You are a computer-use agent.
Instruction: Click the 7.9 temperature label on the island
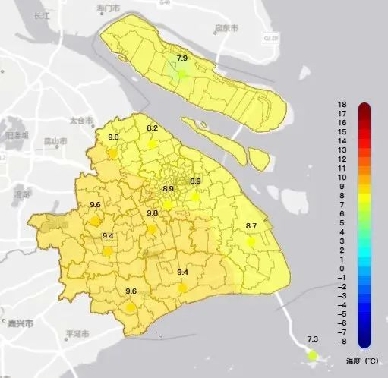tap(181, 58)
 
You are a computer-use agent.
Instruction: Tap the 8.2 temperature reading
tap(152, 128)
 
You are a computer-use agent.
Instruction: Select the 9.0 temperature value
tap(114, 137)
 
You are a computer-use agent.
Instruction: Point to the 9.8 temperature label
tap(153, 213)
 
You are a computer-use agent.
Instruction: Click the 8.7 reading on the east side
tap(251, 226)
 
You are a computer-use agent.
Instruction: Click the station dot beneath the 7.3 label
tap(312, 355)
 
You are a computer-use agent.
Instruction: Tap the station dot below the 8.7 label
tap(251, 241)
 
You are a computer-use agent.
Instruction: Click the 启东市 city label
tap(226, 28)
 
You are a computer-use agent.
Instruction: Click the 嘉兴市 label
tap(21, 323)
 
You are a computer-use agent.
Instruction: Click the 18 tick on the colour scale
tap(342, 105)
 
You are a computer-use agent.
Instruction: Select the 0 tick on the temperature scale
tap(342, 269)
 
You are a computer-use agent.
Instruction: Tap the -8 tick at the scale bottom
tap(341, 342)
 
